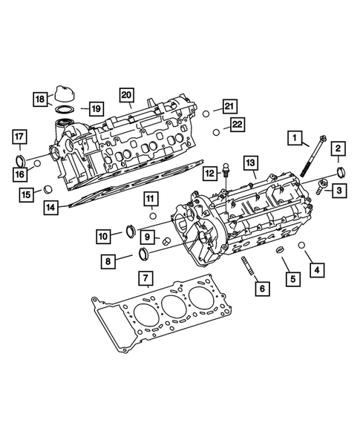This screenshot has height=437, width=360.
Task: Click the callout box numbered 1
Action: coord(297,138)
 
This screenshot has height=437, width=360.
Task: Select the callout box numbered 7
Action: coord(147,278)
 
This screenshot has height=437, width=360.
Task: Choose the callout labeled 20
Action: coord(127,94)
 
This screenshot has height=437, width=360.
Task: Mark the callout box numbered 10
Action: coord(103,236)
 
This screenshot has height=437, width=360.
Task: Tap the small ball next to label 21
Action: coord(206,113)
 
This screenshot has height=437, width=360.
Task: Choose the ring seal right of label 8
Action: coord(142,256)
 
